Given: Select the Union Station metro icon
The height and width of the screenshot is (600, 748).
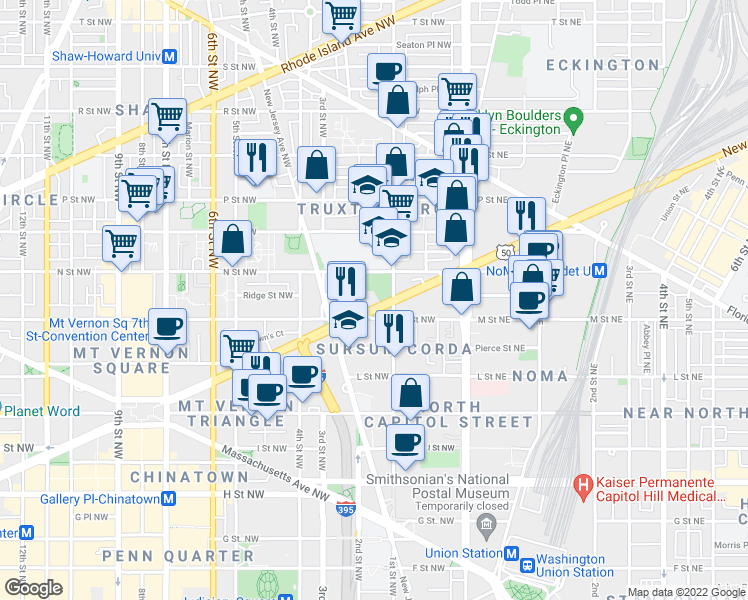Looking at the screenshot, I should pyautogui.click(x=511, y=553).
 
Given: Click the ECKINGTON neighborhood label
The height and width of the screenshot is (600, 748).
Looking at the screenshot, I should pyautogui.click(x=603, y=65).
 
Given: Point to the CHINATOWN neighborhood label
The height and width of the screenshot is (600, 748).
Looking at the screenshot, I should pyautogui.click(x=174, y=476).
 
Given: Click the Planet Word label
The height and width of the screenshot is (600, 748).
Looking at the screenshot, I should pyautogui.click(x=41, y=410).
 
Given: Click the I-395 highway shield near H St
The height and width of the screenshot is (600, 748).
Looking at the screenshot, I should pyautogui.click(x=346, y=509).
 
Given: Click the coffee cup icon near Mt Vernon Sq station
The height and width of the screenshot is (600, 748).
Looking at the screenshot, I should pyautogui.click(x=167, y=326).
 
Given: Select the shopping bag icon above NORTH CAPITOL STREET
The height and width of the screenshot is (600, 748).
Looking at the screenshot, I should pyautogui.click(x=410, y=393).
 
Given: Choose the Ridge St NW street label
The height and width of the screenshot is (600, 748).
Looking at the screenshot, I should pyautogui.click(x=269, y=295).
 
